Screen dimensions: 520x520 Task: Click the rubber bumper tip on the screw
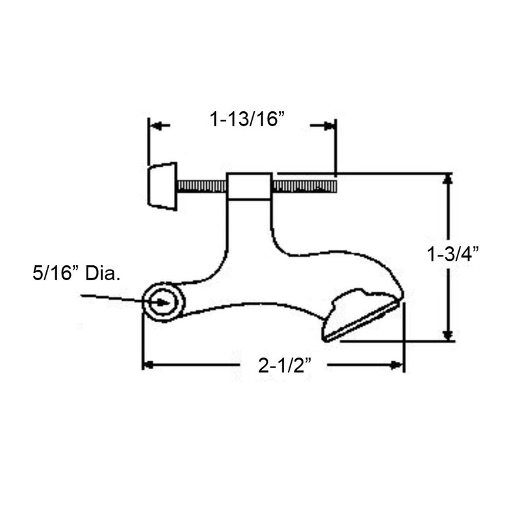(162, 186)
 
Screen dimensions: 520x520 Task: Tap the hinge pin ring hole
(161, 302)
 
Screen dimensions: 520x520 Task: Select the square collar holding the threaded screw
(249, 186)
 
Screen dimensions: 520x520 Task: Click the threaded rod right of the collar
(304, 187)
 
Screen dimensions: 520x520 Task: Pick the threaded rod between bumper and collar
(201, 187)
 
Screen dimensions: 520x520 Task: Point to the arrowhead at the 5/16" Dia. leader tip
(149, 300)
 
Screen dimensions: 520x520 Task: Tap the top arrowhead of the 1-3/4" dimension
(447, 180)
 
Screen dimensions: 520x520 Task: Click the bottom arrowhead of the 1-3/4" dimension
(447, 334)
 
